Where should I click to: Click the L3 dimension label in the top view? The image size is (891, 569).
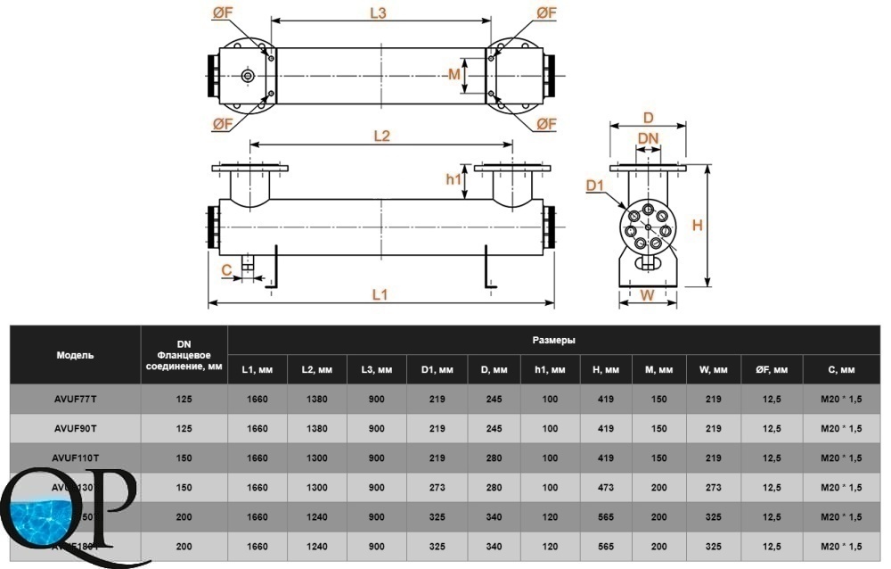coord(377,13)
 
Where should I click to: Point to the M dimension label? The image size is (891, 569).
coord(454,74)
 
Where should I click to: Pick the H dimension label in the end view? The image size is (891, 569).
coord(698,226)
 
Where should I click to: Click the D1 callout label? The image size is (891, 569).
coord(596,186)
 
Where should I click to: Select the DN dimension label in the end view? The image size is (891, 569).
coord(649,137)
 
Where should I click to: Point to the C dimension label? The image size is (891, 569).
coord(226,268)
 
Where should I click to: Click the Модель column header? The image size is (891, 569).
coord(75,354)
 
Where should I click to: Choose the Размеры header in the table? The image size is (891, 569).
coord(553,340)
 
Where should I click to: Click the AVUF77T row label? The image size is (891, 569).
coord(75,399)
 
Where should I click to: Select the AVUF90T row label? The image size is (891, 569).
coord(75,428)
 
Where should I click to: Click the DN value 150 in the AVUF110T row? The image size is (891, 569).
coord(184,458)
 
